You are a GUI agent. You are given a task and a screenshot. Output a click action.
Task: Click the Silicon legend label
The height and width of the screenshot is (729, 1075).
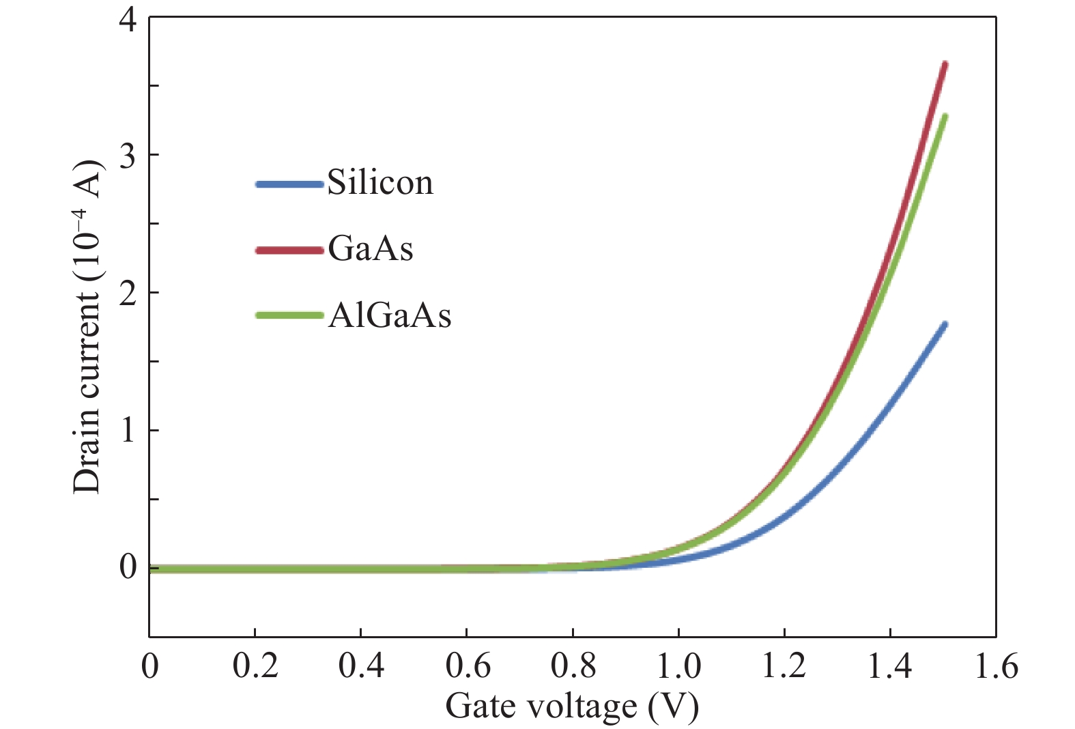click(x=380, y=183)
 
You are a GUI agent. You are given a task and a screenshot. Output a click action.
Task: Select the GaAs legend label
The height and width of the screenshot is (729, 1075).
click(x=371, y=249)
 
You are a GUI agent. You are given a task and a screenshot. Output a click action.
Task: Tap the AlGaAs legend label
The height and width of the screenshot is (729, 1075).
click(x=389, y=315)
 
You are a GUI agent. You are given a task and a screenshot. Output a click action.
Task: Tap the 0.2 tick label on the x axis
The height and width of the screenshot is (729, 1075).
click(x=255, y=666)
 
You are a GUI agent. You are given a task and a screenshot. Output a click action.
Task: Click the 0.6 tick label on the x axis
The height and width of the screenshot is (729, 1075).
click(x=468, y=666)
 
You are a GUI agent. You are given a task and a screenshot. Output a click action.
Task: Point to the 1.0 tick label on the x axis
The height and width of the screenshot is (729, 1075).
click(x=678, y=666)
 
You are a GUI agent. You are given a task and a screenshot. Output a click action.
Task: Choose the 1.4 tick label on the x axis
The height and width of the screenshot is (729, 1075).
click(x=890, y=666)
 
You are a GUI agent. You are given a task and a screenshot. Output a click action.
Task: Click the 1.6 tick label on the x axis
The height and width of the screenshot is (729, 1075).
click(x=996, y=666)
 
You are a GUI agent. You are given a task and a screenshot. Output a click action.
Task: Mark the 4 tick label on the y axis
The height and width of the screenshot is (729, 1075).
click(x=128, y=18)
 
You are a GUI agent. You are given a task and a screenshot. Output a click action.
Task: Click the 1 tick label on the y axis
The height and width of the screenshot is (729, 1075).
click(x=128, y=430)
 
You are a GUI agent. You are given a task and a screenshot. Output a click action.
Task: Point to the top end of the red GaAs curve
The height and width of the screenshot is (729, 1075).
click(x=945, y=64)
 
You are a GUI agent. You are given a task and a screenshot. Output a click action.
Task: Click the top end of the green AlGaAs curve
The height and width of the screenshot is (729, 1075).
click(x=945, y=116)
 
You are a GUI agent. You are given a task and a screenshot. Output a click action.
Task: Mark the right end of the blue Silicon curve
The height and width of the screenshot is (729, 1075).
click(x=945, y=324)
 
